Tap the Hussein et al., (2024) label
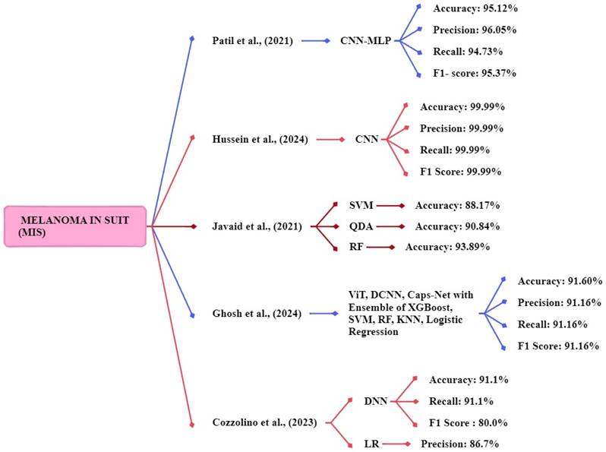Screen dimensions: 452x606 click(259, 139)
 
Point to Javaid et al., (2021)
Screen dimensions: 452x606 click(254, 226)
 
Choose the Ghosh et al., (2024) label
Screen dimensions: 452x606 click(256, 312)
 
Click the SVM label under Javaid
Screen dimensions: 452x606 click(361, 205)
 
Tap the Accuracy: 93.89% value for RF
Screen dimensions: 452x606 click(447, 247)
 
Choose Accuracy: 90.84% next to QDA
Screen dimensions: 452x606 click(456, 226)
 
